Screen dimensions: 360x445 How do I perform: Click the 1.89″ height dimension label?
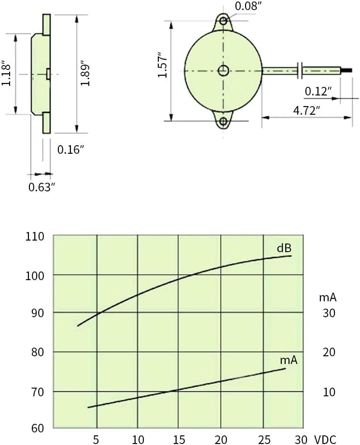coord(85,73)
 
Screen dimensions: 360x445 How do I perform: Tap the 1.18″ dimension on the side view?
coord(6,73)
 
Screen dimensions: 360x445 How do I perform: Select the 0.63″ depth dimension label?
coord(42,187)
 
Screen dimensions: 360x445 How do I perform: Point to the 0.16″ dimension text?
coord(70,149)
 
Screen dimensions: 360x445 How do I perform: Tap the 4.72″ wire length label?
coord(306,110)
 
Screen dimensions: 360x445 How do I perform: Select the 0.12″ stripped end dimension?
coord(318,91)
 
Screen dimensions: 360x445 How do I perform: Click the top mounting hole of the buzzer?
coord(223,21)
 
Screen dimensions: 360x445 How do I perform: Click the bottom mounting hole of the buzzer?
coord(223,121)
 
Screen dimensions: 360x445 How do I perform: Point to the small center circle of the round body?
coord(223,71)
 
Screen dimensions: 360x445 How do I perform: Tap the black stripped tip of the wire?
coord(346,70)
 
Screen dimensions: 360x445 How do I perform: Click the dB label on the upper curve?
coord(284,248)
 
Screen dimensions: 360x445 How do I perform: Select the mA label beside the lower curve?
coord(289,360)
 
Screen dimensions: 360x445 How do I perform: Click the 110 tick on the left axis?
coord(35,236)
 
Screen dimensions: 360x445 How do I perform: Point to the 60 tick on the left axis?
coord(38,428)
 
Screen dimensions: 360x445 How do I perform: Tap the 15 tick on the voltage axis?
coord(179,440)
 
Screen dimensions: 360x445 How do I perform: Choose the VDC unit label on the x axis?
coord(325,440)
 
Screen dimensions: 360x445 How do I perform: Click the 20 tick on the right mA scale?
coord(329,352)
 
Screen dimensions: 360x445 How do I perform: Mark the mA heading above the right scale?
coord(328,297)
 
